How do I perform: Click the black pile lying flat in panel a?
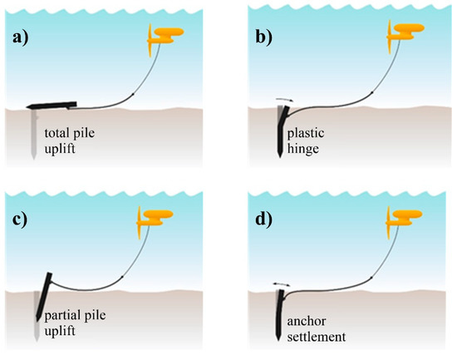(51, 106)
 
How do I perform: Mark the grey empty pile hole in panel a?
(32, 133)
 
